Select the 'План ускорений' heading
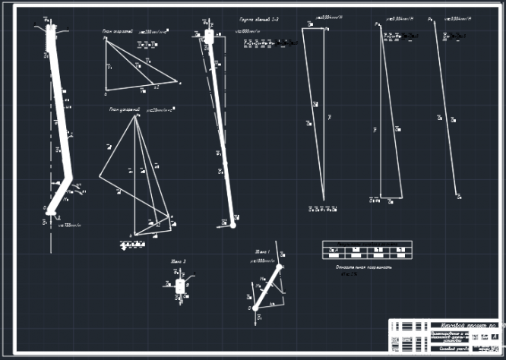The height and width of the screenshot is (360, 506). [124, 110]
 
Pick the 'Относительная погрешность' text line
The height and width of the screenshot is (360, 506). [362, 267]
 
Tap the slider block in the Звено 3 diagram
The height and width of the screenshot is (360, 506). [180, 286]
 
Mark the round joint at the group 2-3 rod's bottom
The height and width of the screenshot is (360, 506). [233, 225]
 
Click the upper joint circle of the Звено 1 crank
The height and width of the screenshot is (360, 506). [280, 267]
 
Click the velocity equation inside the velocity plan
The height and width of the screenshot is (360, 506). [147, 45]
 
